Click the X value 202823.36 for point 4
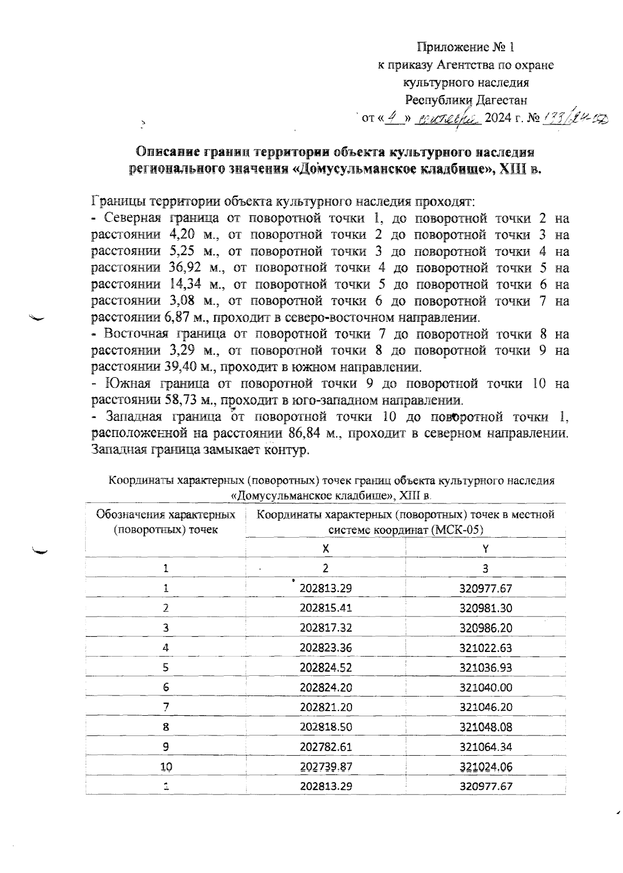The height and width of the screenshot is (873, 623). pyautogui.click(x=326, y=647)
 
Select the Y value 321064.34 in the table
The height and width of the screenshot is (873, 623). pyautogui.click(x=485, y=746)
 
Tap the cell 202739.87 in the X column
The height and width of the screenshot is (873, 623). pyautogui.click(x=326, y=766)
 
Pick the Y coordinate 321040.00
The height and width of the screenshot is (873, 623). pyautogui.click(x=485, y=687)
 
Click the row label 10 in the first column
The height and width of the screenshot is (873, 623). pyautogui.click(x=166, y=767)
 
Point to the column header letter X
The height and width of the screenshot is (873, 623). pyautogui.click(x=326, y=548)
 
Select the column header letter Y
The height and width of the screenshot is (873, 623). pyautogui.click(x=485, y=548)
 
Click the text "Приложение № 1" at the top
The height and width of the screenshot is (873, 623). pyautogui.click(x=466, y=48)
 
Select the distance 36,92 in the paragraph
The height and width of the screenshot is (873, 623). pyautogui.click(x=187, y=268)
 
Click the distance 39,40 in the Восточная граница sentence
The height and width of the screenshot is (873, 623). pyautogui.click(x=186, y=367)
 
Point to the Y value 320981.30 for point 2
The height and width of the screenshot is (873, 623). pyautogui.click(x=485, y=608)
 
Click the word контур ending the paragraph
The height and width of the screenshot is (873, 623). pyautogui.click(x=287, y=450)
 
